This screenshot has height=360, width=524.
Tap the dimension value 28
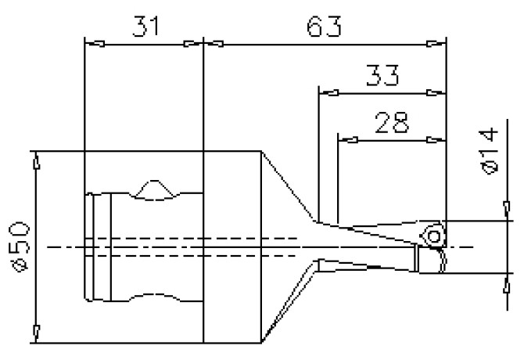click(x=390, y=124)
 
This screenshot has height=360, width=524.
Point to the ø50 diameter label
click(x=21, y=246)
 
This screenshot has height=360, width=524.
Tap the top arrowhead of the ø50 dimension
click(x=36, y=160)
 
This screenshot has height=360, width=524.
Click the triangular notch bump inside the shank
click(x=155, y=190)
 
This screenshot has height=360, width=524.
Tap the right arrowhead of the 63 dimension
click(x=438, y=44)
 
